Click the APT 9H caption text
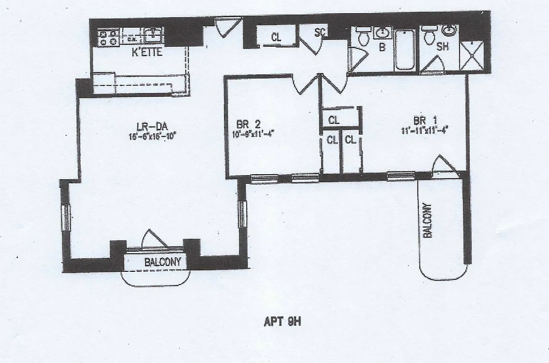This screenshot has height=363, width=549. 282,322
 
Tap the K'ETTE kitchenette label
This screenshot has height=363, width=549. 147,52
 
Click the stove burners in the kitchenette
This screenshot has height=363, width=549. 107,37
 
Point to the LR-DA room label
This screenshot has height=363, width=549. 144,127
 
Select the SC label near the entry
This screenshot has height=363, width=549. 320,33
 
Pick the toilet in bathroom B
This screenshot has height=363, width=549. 363,37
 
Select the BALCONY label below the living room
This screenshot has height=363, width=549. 162,262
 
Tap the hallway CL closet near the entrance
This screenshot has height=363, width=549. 276,38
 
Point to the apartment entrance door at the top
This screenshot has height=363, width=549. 224,27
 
